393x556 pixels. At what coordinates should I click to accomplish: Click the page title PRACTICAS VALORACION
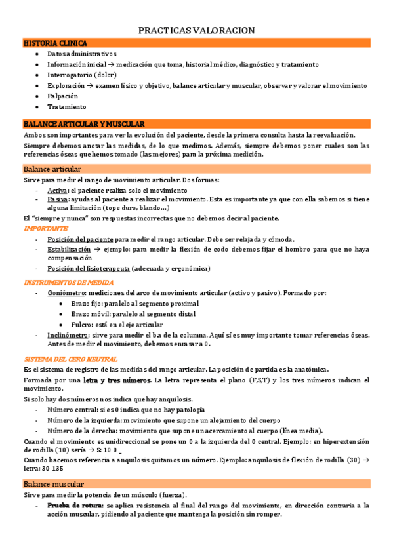(x=197, y=31)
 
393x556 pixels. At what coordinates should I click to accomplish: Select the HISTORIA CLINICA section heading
(x=50, y=43)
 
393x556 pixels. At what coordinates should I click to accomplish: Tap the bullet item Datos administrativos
(x=81, y=54)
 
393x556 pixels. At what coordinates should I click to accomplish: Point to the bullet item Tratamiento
(x=66, y=106)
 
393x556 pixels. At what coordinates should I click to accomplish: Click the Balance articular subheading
(x=52, y=169)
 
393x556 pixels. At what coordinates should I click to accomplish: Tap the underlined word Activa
(x=57, y=190)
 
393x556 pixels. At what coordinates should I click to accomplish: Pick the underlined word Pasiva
(x=57, y=199)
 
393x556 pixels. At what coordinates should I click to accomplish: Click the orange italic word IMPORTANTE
(x=45, y=228)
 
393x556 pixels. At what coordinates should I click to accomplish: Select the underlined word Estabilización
(x=69, y=250)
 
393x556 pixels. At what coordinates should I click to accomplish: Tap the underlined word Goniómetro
(x=66, y=292)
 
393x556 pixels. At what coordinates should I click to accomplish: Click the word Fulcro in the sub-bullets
(x=81, y=325)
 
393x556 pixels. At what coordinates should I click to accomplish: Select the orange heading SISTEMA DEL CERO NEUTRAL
(x=70, y=359)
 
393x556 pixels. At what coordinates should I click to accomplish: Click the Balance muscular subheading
(x=52, y=484)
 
